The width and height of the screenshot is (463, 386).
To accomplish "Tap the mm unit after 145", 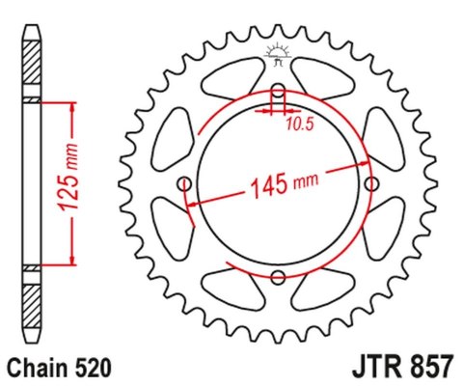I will pos(308,179).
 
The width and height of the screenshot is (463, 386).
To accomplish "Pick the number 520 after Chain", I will pos(94,368).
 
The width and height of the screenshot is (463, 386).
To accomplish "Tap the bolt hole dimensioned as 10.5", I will pos(278,93).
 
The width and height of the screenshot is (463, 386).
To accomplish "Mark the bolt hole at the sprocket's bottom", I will pos(278,278).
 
